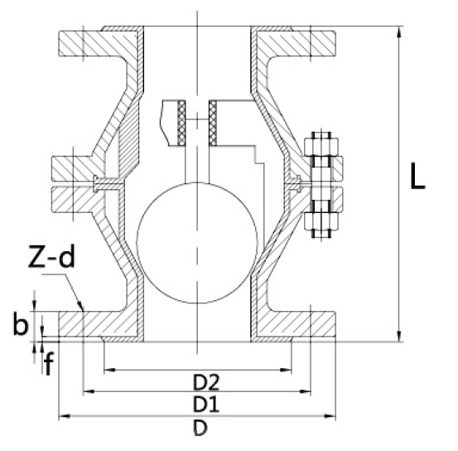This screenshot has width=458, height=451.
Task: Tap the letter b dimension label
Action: tap(21, 324)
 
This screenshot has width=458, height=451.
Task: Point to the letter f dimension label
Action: tap(49, 362)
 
